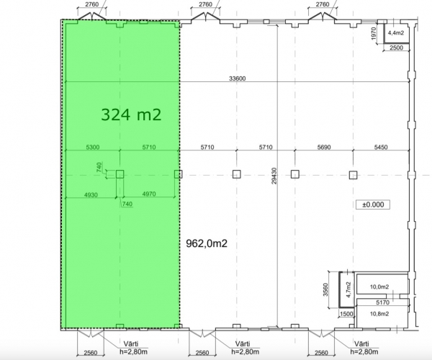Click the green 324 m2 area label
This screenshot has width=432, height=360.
point(131,114)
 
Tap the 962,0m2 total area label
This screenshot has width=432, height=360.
point(207,243)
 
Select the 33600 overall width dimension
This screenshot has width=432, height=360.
point(237,78)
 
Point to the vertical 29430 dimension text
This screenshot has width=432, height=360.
point(274,176)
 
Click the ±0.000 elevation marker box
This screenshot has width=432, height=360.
point(373,204)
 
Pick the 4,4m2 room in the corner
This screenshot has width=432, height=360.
point(395,33)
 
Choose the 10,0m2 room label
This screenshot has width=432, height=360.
point(379,287)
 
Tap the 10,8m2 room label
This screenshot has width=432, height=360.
point(379,314)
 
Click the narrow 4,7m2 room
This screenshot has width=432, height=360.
point(347,289)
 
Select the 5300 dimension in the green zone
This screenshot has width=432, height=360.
point(93,147)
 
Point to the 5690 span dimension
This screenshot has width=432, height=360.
point(324,147)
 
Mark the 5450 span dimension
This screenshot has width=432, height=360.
point(381,147)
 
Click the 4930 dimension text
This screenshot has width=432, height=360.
point(91,195)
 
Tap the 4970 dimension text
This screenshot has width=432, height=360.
point(149,194)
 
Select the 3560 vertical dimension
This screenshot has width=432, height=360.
point(325,289)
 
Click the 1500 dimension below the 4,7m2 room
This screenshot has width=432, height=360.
point(346,314)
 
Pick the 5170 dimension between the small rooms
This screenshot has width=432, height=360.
point(383,302)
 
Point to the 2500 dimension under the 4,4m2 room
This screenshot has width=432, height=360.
point(397,48)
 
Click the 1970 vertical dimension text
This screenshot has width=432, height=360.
point(374,33)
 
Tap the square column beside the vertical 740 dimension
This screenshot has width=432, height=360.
point(120,174)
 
